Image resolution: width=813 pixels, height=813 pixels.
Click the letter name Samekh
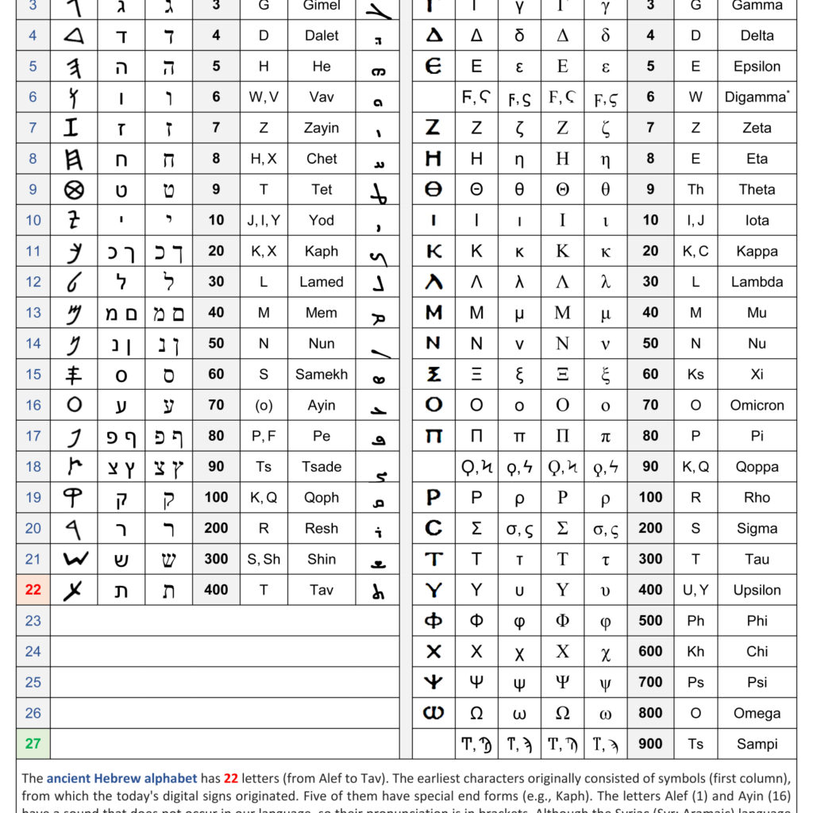click(x=322, y=374)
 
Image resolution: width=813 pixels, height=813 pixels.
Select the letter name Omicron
click(x=757, y=405)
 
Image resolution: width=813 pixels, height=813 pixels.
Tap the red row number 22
click(x=33, y=590)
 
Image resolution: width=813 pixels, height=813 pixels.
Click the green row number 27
click(x=33, y=744)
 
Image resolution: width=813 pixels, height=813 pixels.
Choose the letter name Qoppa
click(x=757, y=467)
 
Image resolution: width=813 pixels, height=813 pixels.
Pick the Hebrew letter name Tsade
click(x=322, y=467)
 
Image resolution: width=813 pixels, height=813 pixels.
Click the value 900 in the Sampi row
click(x=650, y=744)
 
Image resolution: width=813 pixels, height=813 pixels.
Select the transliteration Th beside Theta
click(x=695, y=189)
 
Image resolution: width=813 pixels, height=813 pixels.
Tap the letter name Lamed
click(x=322, y=282)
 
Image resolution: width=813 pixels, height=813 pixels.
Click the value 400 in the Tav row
click(x=216, y=590)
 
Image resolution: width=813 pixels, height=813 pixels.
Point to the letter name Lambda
click(x=757, y=282)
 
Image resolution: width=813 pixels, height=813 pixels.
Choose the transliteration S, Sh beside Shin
click(x=264, y=559)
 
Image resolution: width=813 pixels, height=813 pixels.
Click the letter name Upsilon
click(x=757, y=590)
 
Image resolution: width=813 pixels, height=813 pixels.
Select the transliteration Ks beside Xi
click(x=695, y=374)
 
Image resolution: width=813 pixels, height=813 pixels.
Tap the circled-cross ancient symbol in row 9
click(x=74, y=190)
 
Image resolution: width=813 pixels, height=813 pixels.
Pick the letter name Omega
click(x=757, y=713)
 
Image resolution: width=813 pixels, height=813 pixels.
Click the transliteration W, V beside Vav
click(x=264, y=97)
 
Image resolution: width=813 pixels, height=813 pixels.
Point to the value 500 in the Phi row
click(x=650, y=621)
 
